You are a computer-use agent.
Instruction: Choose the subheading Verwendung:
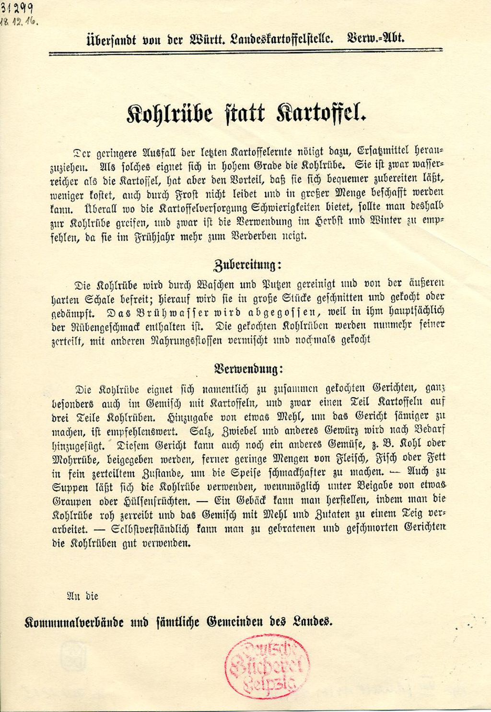pos(248,369)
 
